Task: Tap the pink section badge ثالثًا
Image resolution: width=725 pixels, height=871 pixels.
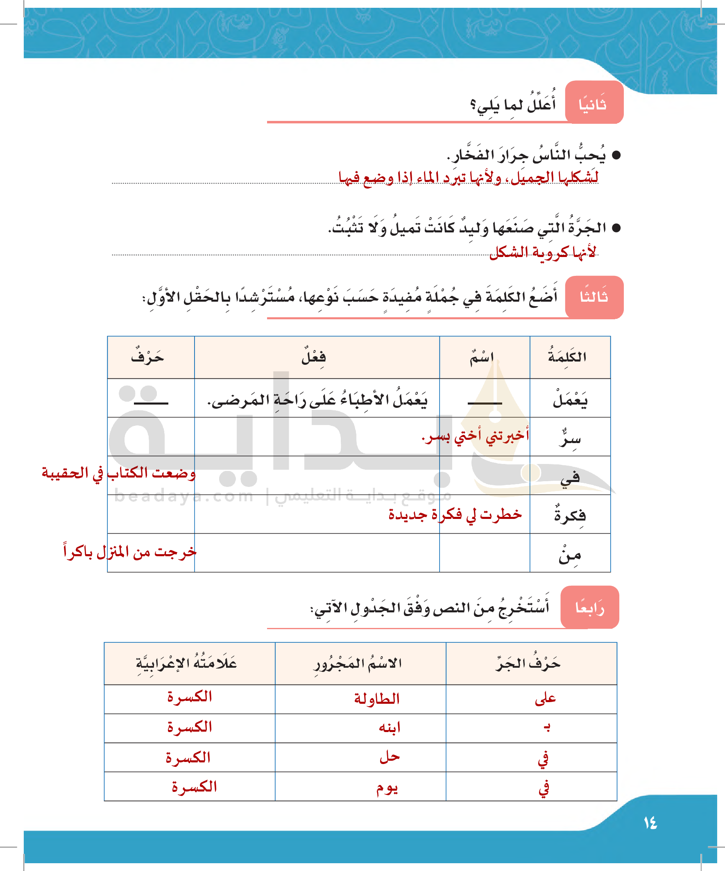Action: pos(594,297)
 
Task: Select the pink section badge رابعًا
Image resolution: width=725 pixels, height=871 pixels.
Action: pos(589,607)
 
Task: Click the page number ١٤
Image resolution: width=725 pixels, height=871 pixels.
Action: pos(650,823)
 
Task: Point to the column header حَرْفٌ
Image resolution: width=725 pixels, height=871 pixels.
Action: pos(147,357)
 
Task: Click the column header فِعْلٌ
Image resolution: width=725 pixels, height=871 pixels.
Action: pos(314,357)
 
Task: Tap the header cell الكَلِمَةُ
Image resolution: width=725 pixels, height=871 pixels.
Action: pos(567,357)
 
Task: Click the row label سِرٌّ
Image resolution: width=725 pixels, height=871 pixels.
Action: pos(570,438)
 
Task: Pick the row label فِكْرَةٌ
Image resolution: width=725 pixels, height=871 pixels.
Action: pos(570,515)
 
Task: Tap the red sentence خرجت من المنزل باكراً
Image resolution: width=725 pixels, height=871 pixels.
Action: pos(129,553)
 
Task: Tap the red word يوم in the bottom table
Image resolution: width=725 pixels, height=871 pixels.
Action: pos(387,787)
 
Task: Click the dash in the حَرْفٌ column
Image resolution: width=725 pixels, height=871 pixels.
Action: pos(151,403)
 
